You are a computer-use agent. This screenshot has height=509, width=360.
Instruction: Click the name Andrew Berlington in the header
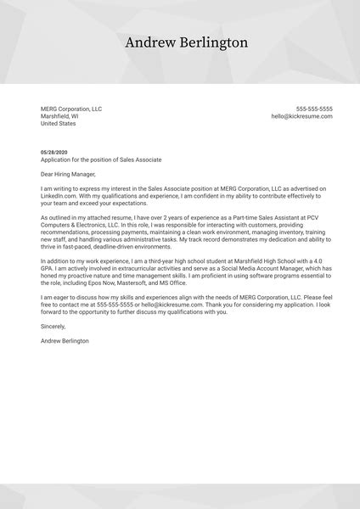pos(186,43)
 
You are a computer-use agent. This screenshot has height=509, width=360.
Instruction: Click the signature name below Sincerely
pos(65,341)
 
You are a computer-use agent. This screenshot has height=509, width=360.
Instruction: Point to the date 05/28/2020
pos(53,152)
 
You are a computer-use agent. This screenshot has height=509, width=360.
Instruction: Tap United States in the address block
pos(59,124)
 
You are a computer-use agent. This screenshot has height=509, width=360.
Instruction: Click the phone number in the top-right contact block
pos(314,109)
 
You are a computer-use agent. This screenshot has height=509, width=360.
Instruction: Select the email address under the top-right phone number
pos(302,116)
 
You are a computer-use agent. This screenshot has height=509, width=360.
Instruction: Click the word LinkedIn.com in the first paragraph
pos(57,195)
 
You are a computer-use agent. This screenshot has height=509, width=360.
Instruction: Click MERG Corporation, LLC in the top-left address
pos(71,109)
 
